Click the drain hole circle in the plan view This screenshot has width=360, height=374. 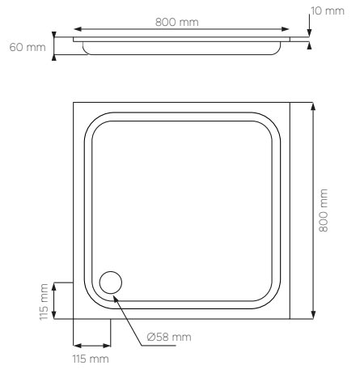tap(110, 283)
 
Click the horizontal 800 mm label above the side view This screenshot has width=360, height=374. tap(177, 22)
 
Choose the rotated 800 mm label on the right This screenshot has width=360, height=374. tap(324, 210)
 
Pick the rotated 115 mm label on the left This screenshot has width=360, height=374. tap(44, 301)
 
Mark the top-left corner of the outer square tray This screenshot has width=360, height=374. tap(74, 103)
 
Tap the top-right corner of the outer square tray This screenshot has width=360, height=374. tap(292, 103)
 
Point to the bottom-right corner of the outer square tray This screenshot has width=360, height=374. tap(292, 321)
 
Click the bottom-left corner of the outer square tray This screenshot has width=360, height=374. tap(74, 321)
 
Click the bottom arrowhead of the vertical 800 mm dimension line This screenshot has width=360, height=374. tap(311, 317)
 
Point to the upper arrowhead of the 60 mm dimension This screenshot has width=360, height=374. tap(53, 35)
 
